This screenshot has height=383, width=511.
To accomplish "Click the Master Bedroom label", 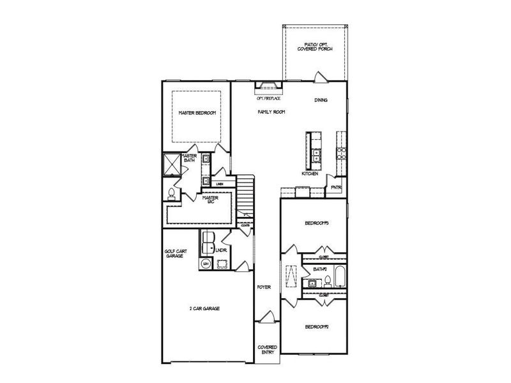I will pyautogui.click(x=197, y=112).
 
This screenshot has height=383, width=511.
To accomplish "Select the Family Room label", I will pyautogui.click(x=271, y=112).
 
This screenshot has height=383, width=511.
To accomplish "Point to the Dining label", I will pyautogui.click(x=321, y=100).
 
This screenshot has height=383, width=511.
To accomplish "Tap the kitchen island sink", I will pyautogui.click(x=317, y=153).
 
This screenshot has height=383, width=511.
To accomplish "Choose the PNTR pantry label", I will pyautogui.click(x=335, y=187).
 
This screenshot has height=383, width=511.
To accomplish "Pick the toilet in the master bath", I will pyautogui.click(x=171, y=192).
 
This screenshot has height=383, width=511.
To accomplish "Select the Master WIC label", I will pyautogui.click(x=211, y=199).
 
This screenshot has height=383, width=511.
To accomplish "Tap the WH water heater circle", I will pyautogui.click(x=206, y=262).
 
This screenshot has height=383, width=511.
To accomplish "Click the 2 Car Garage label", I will pyautogui.click(x=204, y=308).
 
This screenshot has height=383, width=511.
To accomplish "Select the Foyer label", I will pyautogui.click(x=264, y=287).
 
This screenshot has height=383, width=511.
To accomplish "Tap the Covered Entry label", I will pyautogui.click(x=267, y=349).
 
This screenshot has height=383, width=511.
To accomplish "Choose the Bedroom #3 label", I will pyautogui.click(x=316, y=223).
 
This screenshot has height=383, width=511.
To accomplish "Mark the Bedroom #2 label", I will pyautogui.click(x=316, y=327).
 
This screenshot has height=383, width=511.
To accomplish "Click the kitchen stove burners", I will pyautogui.click(x=341, y=153).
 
